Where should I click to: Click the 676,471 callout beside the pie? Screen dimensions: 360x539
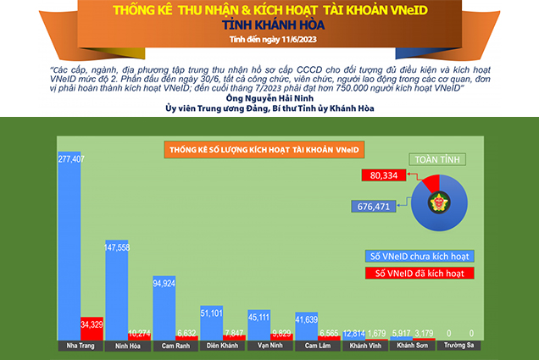click(x=370, y=205)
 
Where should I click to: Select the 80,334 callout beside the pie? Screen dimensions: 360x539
click(x=384, y=175)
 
